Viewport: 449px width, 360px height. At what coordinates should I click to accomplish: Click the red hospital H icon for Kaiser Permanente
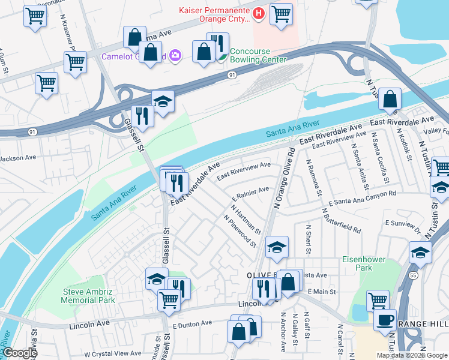click(258, 13)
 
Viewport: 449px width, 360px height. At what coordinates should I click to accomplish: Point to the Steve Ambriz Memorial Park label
click(89, 296)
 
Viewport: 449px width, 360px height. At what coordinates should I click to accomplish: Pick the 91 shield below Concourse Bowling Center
click(232, 75)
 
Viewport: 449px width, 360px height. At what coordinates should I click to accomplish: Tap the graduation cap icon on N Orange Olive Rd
click(277, 247)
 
